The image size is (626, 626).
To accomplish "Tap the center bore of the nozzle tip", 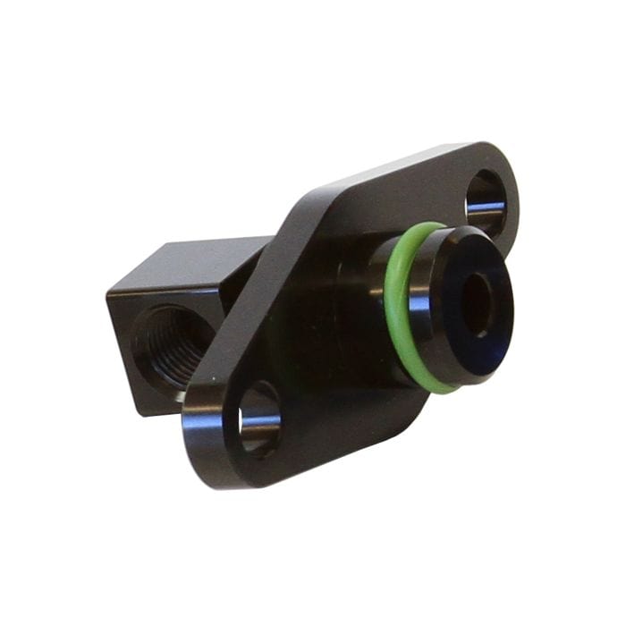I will pyautogui.click(x=476, y=304).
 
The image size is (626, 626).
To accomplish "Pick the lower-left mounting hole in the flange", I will pyautogui.click(x=259, y=419).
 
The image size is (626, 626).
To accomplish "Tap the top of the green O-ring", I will pyautogui.click(x=420, y=229).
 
